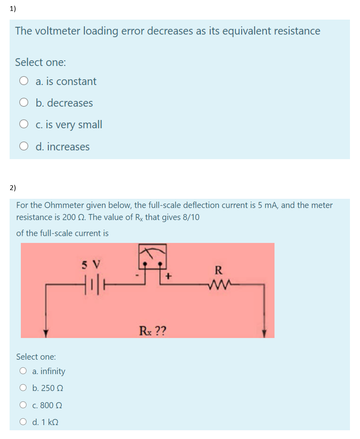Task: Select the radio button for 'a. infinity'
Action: [23, 371]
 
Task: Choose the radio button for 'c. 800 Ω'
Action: [23, 405]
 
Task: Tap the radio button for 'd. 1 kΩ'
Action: [23, 422]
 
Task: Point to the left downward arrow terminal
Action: [45, 333]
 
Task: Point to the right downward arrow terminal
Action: [264, 333]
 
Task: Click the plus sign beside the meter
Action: [168, 276]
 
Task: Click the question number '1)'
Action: [13, 9]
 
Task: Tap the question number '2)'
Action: [13, 188]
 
